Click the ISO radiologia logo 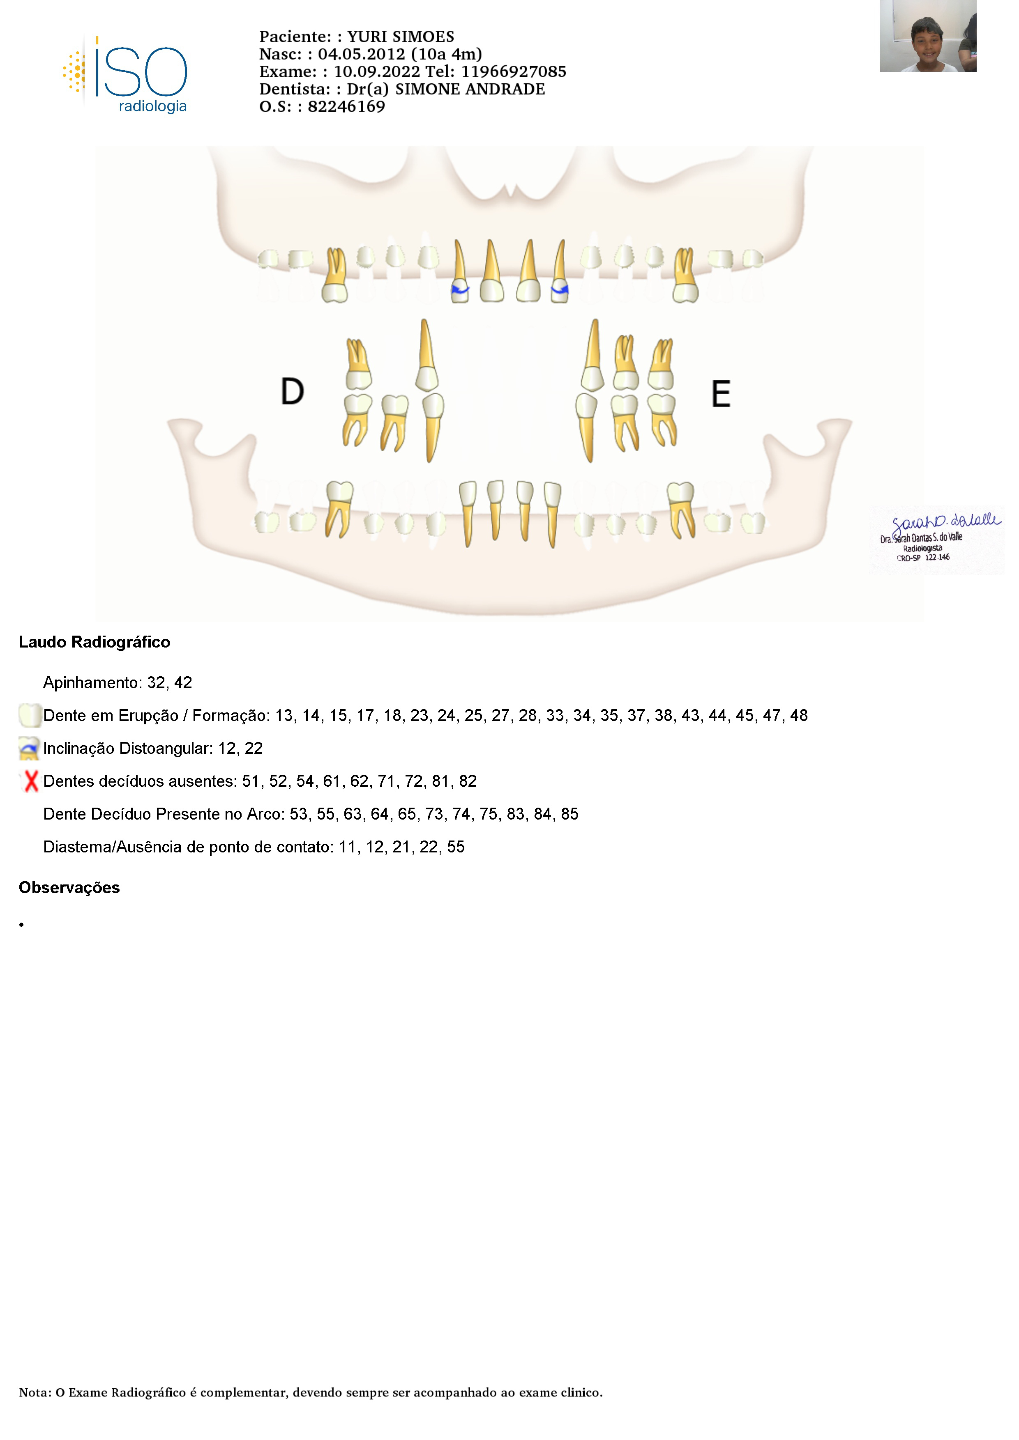pyautogui.click(x=125, y=75)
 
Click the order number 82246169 pyautogui.click(x=346, y=107)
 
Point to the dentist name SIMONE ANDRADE pyautogui.click(x=470, y=90)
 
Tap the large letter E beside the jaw pyautogui.click(x=721, y=394)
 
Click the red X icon pyautogui.click(x=30, y=781)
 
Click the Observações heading pyautogui.click(x=69, y=887)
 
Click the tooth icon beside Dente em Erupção pyautogui.click(x=30, y=716)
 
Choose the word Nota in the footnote pyautogui.click(x=34, y=1393)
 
